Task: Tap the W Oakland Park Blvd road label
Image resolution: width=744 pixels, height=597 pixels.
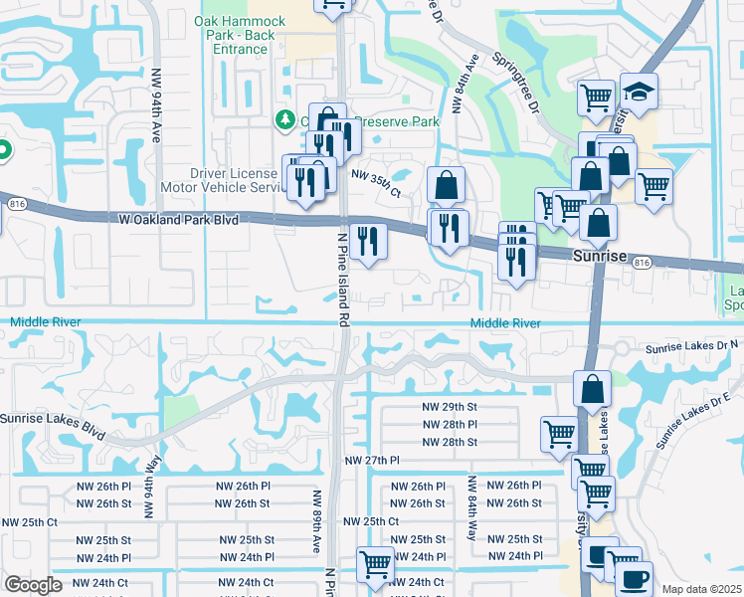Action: click(x=178, y=219)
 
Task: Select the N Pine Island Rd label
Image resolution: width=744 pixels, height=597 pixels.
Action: click(x=343, y=280)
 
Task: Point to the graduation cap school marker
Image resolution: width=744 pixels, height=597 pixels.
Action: click(x=639, y=91)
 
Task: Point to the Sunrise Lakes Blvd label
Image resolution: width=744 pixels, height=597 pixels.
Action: click(x=52, y=425)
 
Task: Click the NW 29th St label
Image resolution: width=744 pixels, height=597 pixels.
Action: click(x=446, y=407)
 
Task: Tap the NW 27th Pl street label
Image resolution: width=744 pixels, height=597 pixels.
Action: click(x=371, y=461)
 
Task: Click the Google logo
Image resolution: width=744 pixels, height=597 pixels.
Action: click(x=33, y=585)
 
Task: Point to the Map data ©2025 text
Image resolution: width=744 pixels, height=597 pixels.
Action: click(x=702, y=589)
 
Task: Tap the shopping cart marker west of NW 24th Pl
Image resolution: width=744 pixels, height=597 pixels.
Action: click(x=376, y=565)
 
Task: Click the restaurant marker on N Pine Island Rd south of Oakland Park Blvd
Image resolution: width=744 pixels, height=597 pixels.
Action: click(x=368, y=240)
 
